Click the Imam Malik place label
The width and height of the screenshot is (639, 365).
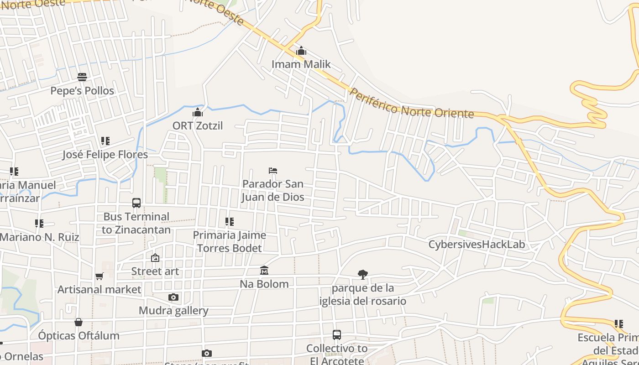click(301, 64)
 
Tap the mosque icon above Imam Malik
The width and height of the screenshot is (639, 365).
click(301, 51)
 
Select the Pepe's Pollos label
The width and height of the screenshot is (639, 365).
click(82, 91)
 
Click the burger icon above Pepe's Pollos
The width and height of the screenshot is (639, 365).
click(82, 77)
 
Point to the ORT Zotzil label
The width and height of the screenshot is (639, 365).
click(198, 125)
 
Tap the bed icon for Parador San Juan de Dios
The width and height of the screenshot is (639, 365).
click(273, 171)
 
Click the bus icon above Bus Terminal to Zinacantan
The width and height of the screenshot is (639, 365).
click(136, 203)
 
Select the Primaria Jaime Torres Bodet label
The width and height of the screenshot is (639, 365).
click(229, 242)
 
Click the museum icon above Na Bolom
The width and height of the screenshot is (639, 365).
click(264, 271)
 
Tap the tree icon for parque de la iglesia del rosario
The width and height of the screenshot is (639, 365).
click(363, 274)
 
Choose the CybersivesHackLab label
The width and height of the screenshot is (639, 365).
click(477, 245)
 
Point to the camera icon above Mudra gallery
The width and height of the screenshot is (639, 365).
click(173, 297)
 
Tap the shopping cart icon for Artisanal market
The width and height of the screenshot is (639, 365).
click(100, 276)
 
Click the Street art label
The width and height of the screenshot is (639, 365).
click(155, 271)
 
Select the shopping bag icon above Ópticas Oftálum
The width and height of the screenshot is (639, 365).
click(79, 322)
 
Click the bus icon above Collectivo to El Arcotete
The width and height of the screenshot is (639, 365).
click(337, 335)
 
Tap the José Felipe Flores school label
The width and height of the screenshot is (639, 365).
click(105, 155)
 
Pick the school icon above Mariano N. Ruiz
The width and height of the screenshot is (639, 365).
click(39, 224)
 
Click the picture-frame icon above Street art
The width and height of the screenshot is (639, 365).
click(155, 258)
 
